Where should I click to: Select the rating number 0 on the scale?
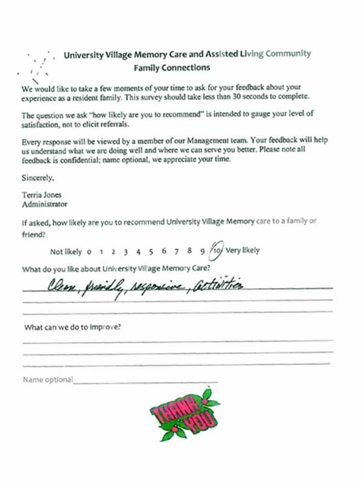(x=89, y=251)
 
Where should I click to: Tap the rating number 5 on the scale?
(x=151, y=251)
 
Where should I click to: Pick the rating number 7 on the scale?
(x=176, y=251)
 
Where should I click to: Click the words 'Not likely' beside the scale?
(x=66, y=251)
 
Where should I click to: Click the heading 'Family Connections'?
(x=172, y=68)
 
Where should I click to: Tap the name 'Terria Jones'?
(x=42, y=195)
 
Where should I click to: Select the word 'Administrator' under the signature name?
(x=44, y=204)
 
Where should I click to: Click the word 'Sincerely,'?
(x=37, y=178)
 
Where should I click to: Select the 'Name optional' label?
(x=48, y=380)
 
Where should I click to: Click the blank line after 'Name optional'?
(x=145, y=381)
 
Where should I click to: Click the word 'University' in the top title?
(x=86, y=54)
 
